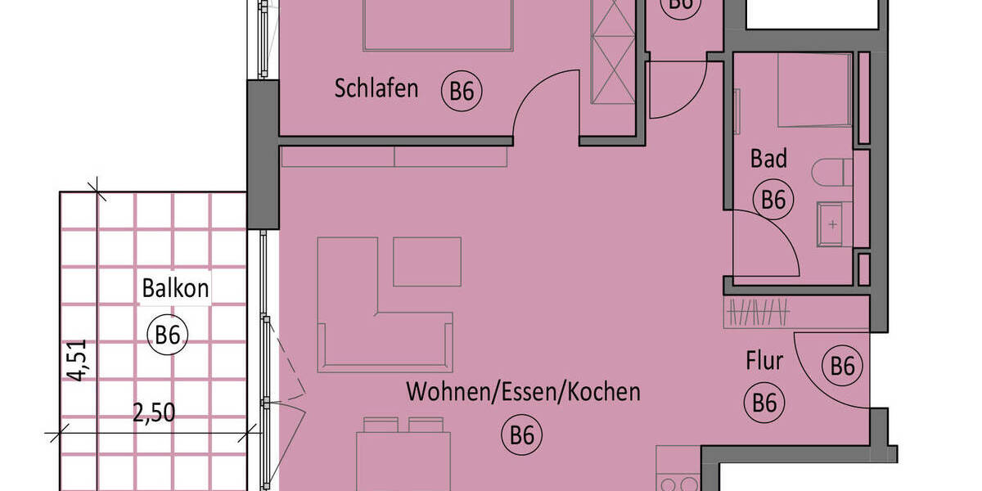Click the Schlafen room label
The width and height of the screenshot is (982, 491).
tap(376, 88)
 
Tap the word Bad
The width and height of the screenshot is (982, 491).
tap(768, 158)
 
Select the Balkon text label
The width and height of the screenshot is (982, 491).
tap(175, 288)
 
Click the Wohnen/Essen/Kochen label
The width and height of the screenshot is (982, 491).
tap(523, 392)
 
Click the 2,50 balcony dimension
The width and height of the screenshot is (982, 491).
tap(154, 412)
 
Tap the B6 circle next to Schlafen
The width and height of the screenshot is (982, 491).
tap(462, 92)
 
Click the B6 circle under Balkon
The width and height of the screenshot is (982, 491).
tap(167, 335)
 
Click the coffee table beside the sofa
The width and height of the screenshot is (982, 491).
tap(426, 262)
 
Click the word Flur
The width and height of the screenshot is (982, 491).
tap(764, 360)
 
